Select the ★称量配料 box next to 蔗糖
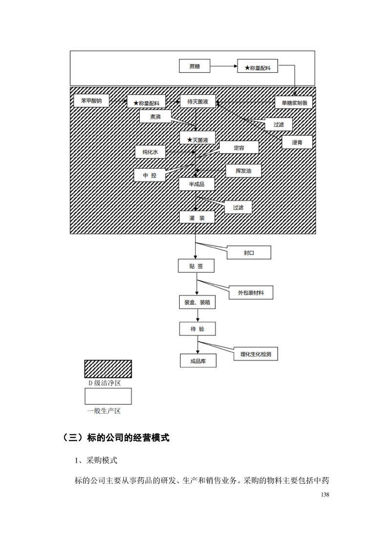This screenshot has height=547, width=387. pos(257,67)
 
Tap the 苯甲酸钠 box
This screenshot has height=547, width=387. pos(91,101)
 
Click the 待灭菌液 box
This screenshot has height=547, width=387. pos(198,101)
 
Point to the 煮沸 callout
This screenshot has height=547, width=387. pos(155,117)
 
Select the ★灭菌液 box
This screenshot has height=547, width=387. pos(197,139)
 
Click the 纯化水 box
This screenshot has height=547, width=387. pos(151,152)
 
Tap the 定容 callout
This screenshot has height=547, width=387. pos(239,148)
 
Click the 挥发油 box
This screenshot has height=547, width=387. pos(243,171)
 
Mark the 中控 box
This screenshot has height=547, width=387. pos(150,175)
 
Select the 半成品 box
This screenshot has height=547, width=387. pos(197,184)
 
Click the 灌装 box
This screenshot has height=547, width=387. pos(197,216)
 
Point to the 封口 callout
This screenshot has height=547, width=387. pos(249,253)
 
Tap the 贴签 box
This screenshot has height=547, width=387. pos(196,266)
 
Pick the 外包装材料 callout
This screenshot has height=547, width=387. pos(251,293)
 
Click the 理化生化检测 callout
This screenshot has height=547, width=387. pos(256,354)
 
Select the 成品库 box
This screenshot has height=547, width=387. pos(197,361)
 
